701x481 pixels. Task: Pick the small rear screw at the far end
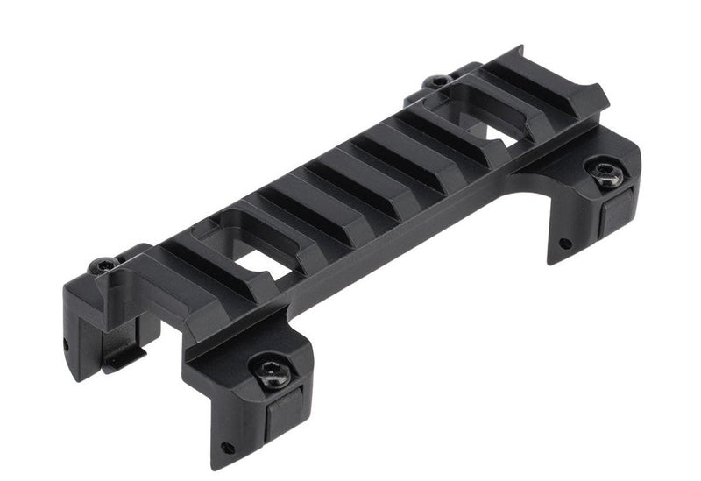pos(435,82)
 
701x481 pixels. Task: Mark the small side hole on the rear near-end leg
pos(65,344)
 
